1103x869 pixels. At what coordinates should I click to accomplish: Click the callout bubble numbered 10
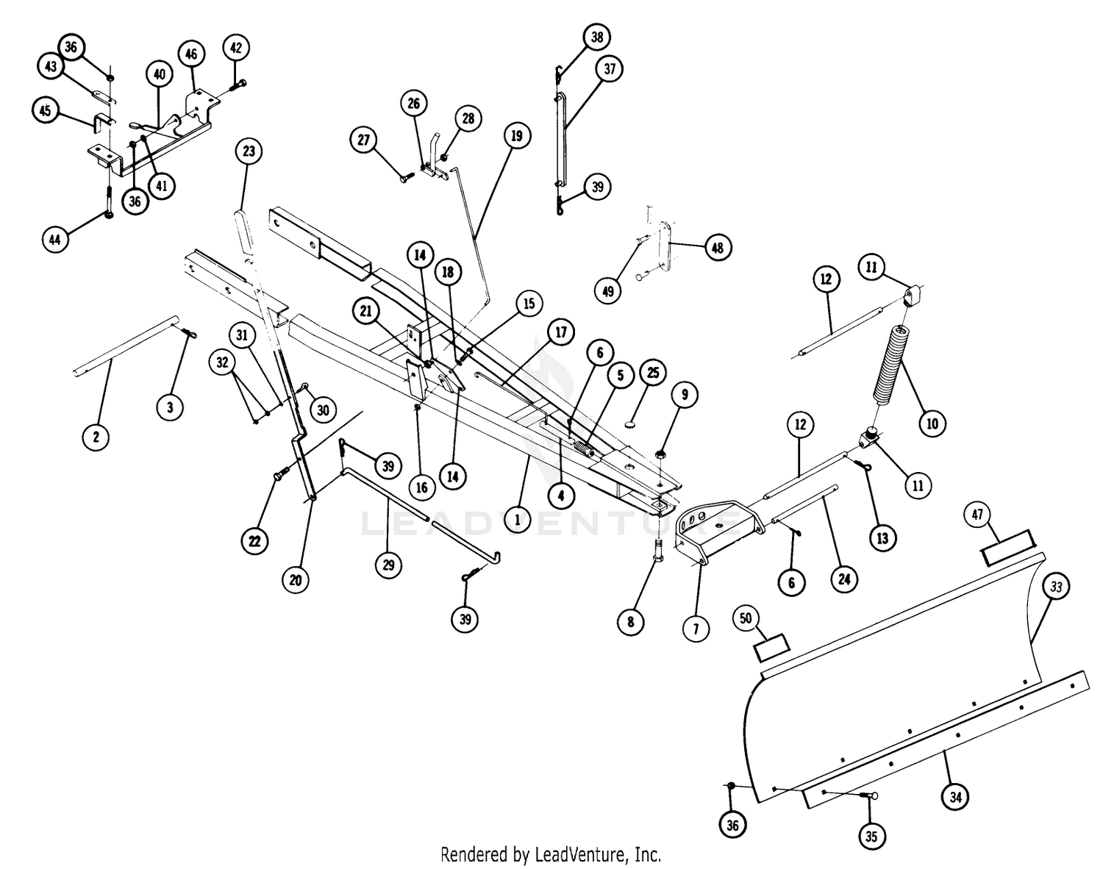pos(932,423)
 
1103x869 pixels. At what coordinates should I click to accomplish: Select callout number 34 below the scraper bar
pos(954,796)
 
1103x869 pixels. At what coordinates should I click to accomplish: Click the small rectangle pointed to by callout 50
pos(771,646)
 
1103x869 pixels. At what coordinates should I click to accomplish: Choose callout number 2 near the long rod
pos(96,437)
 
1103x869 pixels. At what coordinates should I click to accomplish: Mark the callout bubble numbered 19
pos(516,136)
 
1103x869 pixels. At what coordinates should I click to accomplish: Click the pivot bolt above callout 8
pos(658,549)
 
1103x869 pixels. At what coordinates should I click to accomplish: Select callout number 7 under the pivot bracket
pos(696,629)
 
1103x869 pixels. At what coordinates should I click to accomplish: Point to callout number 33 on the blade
pos(1057,587)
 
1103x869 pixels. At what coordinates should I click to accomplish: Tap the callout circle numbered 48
pos(718,248)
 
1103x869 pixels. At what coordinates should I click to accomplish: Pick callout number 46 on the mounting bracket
pos(190,54)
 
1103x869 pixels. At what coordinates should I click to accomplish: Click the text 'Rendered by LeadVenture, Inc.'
pos(551,854)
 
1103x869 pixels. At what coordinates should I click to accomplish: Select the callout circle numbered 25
pos(652,373)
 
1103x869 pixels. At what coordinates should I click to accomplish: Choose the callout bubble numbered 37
pos(610,70)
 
